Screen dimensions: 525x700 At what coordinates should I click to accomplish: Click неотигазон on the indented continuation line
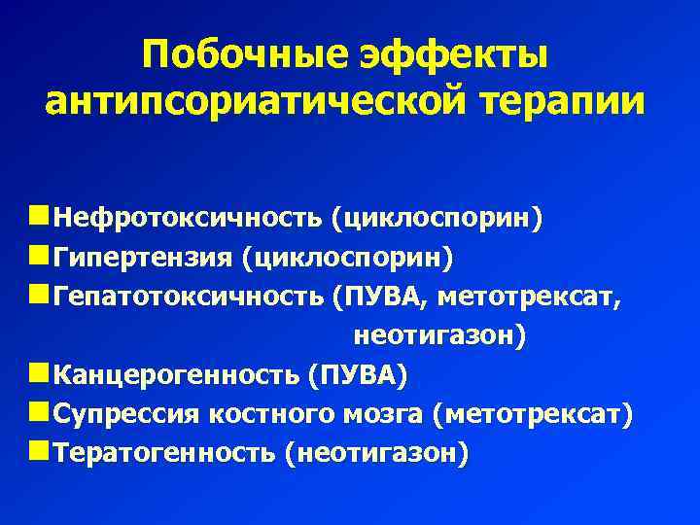coord(438,336)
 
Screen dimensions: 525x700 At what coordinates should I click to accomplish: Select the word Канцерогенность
coord(176,375)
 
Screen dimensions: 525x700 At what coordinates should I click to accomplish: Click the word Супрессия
coord(125,415)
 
